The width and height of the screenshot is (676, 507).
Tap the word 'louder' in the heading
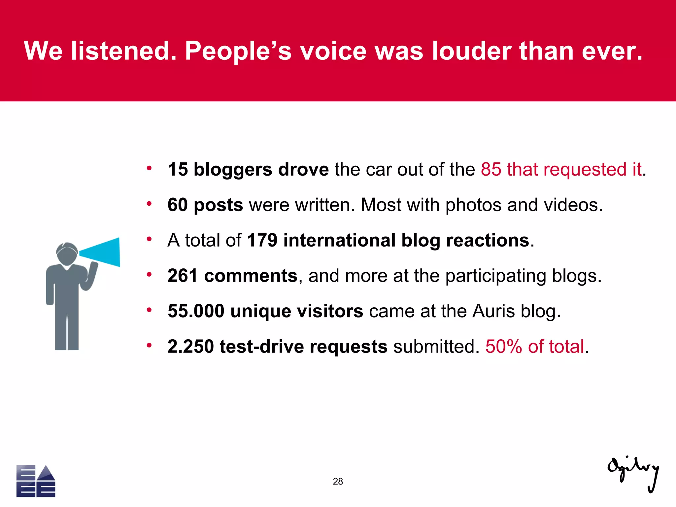tap(472, 51)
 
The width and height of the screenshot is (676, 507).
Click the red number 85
tap(491, 169)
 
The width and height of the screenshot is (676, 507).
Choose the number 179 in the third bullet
tap(262, 240)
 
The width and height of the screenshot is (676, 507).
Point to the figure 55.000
tap(196, 311)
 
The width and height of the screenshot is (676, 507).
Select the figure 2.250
tap(190, 346)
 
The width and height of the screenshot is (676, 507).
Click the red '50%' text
tap(504, 346)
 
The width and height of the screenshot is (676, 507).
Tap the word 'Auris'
tap(493, 311)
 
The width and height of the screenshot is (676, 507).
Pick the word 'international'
tap(339, 240)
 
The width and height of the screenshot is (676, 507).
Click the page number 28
tap(338, 481)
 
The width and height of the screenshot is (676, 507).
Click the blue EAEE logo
tap(36, 481)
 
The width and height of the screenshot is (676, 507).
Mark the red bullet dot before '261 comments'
tap(149, 274)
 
